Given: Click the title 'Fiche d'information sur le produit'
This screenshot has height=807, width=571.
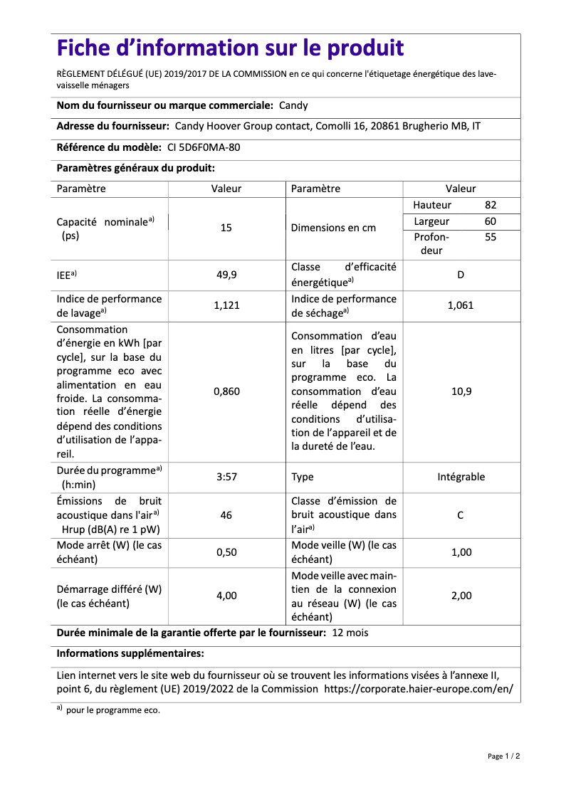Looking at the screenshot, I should click(x=230, y=48).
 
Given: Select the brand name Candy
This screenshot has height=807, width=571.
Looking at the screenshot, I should click(x=293, y=105).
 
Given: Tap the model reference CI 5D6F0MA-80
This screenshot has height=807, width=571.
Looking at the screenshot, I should click(x=209, y=147).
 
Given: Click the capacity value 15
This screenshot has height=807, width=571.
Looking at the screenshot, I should click(x=226, y=228).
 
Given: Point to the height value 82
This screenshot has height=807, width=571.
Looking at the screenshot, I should click(x=491, y=205).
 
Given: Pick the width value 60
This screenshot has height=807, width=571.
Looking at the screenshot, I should click(x=491, y=221).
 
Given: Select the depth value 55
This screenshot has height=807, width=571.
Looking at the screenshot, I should click(x=491, y=238).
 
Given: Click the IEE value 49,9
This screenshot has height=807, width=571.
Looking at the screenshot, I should click(x=226, y=274).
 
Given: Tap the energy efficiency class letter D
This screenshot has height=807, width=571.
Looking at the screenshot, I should click(x=461, y=274).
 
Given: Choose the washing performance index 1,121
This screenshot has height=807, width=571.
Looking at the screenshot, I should click(x=226, y=305).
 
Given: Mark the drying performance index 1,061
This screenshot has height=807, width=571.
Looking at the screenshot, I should click(x=461, y=305).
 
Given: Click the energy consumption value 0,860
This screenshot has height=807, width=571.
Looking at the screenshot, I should click(x=226, y=391).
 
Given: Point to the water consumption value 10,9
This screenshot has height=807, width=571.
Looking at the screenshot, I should click(x=461, y=391).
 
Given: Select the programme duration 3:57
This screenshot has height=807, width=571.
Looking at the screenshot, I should click(x=226, y=477).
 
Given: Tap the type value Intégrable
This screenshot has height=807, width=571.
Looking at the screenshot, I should click(x=461, y=477).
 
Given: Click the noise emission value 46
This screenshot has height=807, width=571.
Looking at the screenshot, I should click(x=226, y=515).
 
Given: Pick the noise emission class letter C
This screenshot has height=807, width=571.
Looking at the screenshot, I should click(x=461, y=515).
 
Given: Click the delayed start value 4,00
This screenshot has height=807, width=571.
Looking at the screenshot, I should click(x=226, y=596).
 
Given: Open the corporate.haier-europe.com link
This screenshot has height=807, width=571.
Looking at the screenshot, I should click(x=419, y=689).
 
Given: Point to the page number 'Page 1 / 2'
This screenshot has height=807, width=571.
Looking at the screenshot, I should click(x=503, y=756).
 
